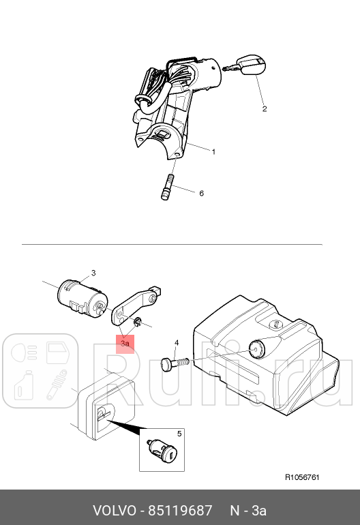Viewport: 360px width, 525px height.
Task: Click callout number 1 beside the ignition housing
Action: [213, 152]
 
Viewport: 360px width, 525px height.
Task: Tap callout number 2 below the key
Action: [265, 109]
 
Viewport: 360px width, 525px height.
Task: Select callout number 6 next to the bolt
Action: [201, 193]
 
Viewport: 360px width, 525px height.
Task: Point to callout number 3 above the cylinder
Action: [93, 273]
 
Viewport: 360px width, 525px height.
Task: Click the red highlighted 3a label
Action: [125, 344]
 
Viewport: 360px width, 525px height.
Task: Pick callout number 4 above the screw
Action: [177, 343]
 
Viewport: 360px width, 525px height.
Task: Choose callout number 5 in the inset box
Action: [179, 434]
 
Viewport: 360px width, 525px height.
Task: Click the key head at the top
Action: [252, 66]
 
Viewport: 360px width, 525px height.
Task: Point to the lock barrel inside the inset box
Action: [162, 451]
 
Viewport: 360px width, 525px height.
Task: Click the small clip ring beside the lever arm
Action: [137, 322]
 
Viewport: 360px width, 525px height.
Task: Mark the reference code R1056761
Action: [302, 477]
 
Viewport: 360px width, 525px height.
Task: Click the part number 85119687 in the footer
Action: [180, 511]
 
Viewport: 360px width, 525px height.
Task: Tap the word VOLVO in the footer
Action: [114, 511]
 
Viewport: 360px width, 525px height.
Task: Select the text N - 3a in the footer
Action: [248, 511]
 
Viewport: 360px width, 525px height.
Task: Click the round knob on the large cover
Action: [256, 348]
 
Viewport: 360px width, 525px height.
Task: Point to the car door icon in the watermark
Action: [57, 352]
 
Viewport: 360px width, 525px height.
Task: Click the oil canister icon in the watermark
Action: [23, 385]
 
